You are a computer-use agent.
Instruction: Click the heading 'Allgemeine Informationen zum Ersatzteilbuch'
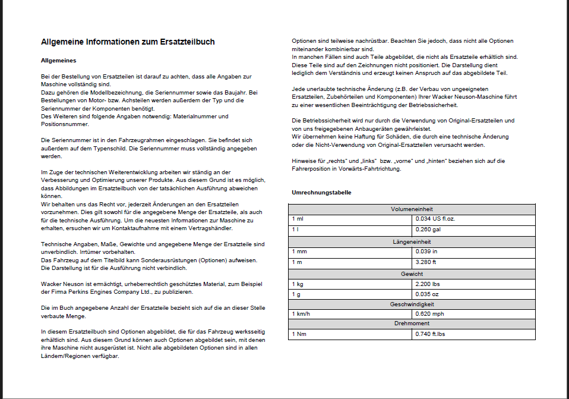point(128,42)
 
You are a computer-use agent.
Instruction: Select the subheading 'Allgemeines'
point(58,61)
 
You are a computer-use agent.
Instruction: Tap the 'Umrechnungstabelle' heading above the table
point(321,193)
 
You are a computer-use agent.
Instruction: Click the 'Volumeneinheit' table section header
point(412,209)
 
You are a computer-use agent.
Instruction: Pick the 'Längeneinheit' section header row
point(412,242)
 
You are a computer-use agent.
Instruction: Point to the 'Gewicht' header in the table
point(412,274)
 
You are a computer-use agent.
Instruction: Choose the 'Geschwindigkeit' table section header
point(412,304)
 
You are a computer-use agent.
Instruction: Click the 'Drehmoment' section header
point(412,323)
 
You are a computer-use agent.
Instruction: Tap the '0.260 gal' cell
point(429,230)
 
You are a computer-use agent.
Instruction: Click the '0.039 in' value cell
point(427,252)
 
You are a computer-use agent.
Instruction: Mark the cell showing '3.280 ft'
point(426,262)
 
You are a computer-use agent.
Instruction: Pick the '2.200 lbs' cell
point(428,284)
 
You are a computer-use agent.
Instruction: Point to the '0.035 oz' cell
point(427,294)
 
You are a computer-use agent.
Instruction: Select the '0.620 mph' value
point(430,313)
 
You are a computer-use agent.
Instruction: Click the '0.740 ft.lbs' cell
point(431,334)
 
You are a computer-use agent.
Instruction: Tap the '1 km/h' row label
point(301,313)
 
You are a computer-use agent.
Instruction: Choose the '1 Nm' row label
point(298,334)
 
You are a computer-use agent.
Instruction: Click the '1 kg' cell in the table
point(298,284)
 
